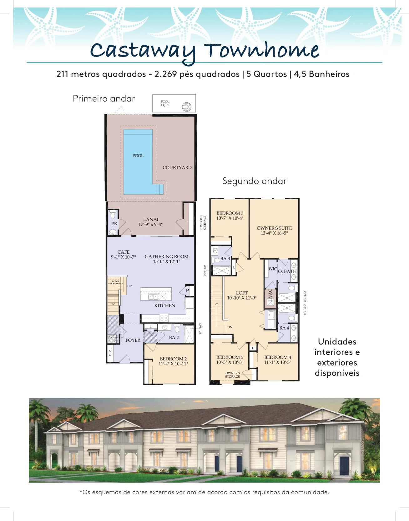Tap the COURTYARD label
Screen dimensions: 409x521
[177, 167]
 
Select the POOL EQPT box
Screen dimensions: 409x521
[174, 103]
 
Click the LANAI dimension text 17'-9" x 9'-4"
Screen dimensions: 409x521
[151, 224]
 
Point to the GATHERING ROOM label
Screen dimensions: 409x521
[167, 256]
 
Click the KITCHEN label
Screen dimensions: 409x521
[165, 305]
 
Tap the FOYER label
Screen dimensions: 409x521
[133, 340]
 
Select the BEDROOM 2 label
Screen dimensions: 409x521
[173, 359]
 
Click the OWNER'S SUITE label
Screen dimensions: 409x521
[274, 228]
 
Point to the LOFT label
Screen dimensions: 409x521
[242, 293]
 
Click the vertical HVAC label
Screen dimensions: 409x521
[270, 295]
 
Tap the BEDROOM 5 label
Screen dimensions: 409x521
[230, 357]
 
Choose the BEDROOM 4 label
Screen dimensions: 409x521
[278, 357]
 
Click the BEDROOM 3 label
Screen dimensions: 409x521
[230, 213]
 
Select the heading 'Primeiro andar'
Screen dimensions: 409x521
[104, 99]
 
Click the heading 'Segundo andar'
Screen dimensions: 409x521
[254, 181]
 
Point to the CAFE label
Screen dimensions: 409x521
[124, 252]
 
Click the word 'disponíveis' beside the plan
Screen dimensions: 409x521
[337, 373]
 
